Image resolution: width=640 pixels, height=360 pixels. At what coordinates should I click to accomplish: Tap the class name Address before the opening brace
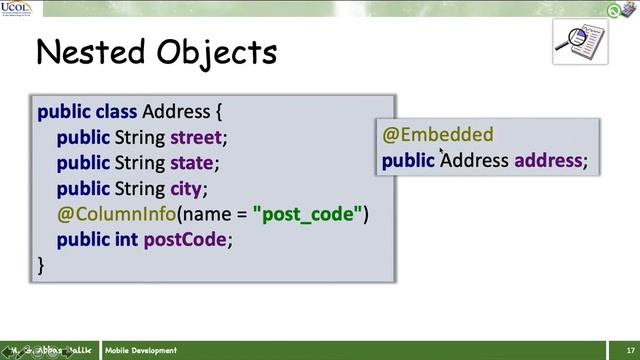click(x=176, y=111)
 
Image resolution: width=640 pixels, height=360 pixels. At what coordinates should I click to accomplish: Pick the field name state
click(x=194, y=162)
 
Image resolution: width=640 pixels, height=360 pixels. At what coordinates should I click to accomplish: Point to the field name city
click(x=187, y=188)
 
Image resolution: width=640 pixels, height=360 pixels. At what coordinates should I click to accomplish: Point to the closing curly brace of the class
click(x=41, y=265)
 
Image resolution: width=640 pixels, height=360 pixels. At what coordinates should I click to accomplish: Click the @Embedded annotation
click(x=438, y=135)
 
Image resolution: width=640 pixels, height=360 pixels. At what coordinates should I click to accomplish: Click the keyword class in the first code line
click(x=116, y=111)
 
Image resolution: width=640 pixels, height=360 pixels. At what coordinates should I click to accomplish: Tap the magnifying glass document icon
click(x=580, y=40)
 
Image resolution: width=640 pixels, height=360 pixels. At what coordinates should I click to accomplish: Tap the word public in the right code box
click(x=408, y=160)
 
